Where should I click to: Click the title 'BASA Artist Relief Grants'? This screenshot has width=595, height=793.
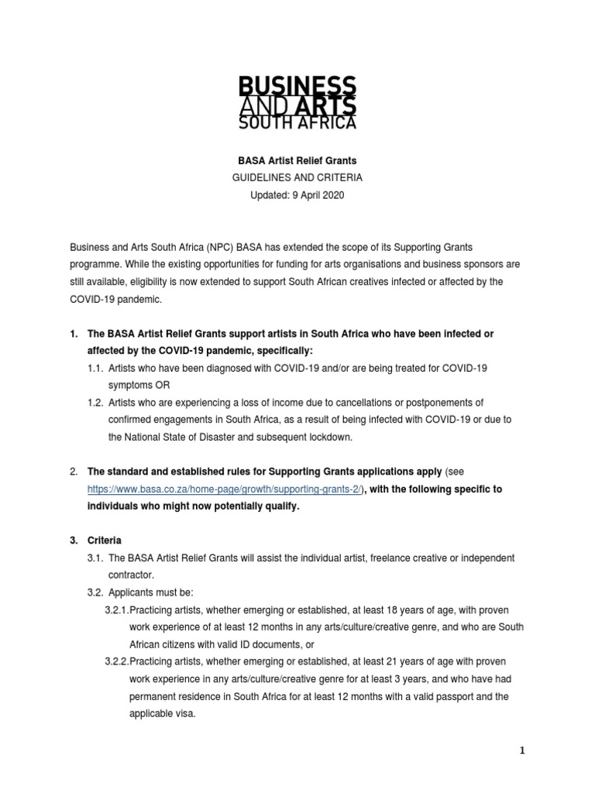(x=297, y=161)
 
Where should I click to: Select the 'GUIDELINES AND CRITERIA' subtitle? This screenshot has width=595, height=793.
(x=297, y=178)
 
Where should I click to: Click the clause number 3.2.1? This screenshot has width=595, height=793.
(x=117, y=609)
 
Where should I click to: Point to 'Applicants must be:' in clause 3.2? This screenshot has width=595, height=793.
(x=150, y=592)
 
